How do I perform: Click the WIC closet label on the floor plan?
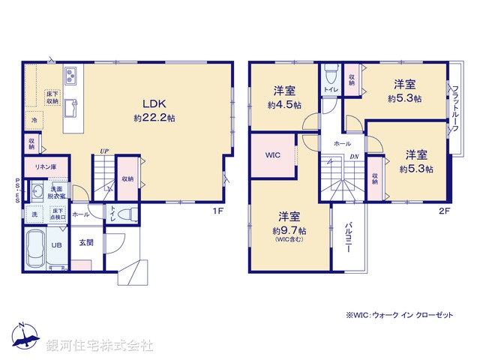click(272, 156)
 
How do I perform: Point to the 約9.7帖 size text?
click(287, 230)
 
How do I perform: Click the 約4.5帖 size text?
click(284, 105)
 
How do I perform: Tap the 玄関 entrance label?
click(86, 242)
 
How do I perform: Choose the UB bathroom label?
click(56, 244)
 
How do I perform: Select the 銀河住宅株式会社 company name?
click(99, 346)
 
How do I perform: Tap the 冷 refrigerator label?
click(34, 120)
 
